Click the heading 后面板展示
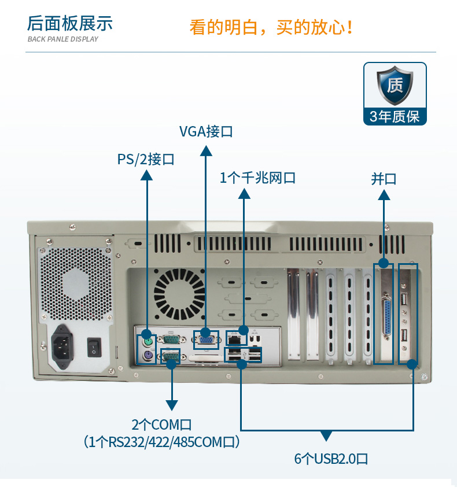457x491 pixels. pos(70,24)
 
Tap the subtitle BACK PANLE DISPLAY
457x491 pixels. pos(62,39)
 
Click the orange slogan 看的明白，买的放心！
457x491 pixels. pos(271,27)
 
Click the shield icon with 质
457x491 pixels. pos(395,86)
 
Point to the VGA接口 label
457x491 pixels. pos(205,131)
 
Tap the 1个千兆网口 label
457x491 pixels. pos(257,178)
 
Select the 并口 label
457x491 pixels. pos(384,179)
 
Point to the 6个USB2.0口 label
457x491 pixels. pos(331,459)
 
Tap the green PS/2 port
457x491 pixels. pos(148,334)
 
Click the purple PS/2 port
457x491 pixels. pos(148,357)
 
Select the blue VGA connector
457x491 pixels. pos(205,338)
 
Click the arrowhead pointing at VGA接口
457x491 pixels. pos(205,150)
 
